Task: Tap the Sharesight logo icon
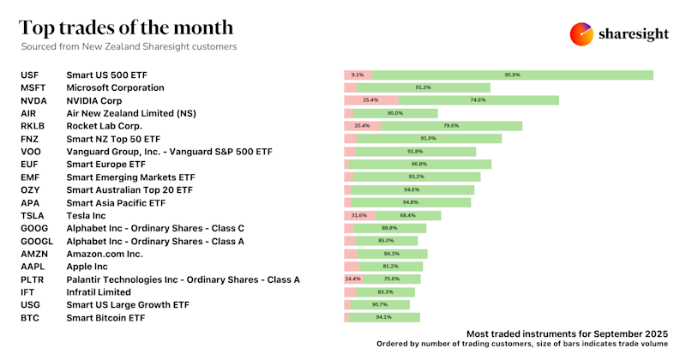(x=583, y=33)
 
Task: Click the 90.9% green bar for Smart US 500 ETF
(x=513, y=75)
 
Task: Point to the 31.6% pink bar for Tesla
(x=359, y=216)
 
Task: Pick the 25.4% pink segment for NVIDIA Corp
(x=370, y=100)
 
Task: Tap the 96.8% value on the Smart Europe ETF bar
(x=418, y=164)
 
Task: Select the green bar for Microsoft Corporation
(x=423, y=87)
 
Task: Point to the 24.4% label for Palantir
(x=352, y=279)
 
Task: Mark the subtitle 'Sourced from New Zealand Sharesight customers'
(x=129, y=46)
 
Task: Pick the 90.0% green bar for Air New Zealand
(x=395, y=113)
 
